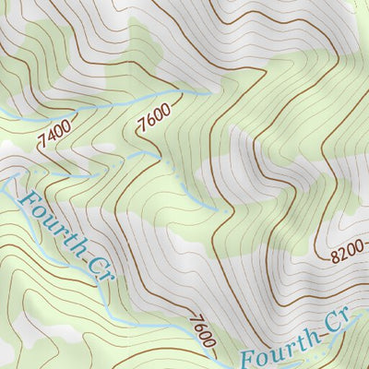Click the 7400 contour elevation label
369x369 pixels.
(54, 135)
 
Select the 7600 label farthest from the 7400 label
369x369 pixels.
(200, 332)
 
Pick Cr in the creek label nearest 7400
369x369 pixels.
(97, 271)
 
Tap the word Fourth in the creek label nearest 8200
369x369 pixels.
(276, 349)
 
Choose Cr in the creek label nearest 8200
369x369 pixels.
(330, 326)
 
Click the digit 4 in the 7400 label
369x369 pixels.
(49, 137)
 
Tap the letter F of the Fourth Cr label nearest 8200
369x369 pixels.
(248, 358)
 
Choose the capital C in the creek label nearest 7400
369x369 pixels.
(93, 266)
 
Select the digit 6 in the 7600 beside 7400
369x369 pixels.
(149, 124)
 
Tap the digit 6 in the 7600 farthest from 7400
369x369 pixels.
(197, 328)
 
